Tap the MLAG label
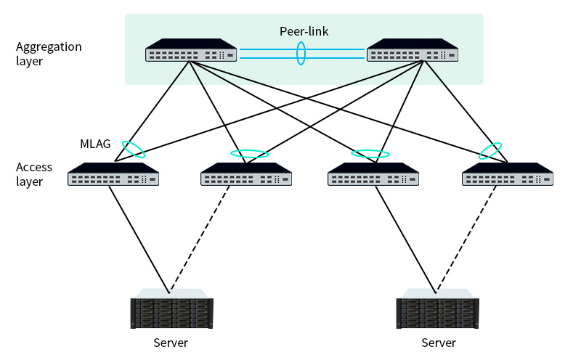tap(95, 144)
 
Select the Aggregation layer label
tap(49, 54)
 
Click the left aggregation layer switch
tap(191, 51)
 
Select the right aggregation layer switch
tap(413, 51)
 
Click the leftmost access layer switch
tap(113, 175)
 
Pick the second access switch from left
tap(246, 175)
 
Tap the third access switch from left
tap(373, 175)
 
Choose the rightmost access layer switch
tap(508, 175)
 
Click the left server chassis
tap(171, 312)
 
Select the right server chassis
tap(438, 312)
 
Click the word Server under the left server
tap(171, 343)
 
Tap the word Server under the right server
tap(439, 343)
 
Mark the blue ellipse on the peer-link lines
tap(301, 54)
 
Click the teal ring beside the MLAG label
tap(133, 149)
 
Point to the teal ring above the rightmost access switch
tap(491, 150)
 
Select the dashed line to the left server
tap(200, 240)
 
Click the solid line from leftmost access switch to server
tap(139, 240)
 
